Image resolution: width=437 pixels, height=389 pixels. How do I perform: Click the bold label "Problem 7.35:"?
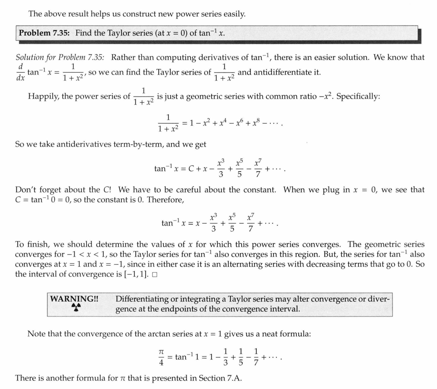(45, 33)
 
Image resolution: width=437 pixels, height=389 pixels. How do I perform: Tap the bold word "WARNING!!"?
(74, 299)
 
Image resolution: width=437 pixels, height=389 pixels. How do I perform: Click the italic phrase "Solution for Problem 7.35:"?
(60, 57)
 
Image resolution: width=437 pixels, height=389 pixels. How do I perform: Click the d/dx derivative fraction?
(20, 71)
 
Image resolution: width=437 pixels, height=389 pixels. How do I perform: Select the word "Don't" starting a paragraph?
(25, 190)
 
